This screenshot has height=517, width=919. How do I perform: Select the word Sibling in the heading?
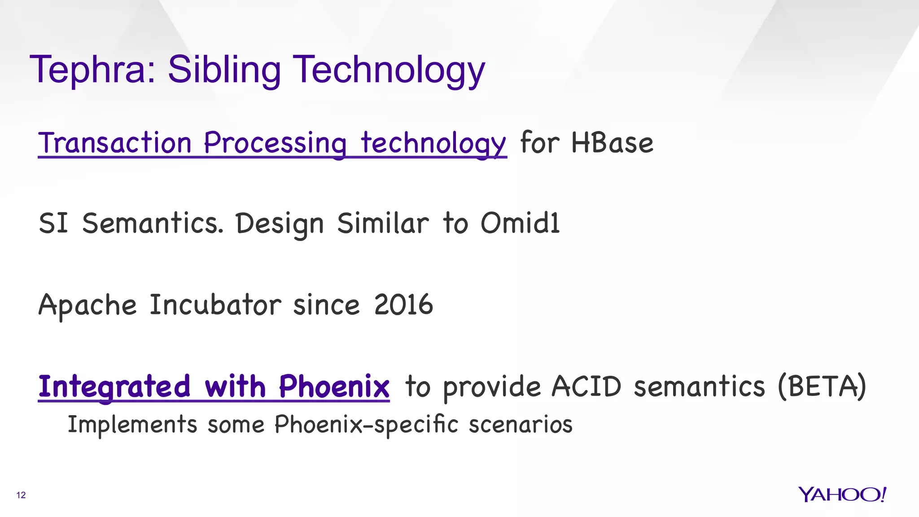224,70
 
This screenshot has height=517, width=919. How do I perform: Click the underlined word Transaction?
115,143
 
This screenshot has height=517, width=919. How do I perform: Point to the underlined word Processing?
275,143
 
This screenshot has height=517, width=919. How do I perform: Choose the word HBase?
612,143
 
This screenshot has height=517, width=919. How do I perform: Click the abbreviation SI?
53,223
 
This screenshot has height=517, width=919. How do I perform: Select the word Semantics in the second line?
153,223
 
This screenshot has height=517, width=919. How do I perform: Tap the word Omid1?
520,223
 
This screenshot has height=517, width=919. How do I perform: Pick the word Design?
280,224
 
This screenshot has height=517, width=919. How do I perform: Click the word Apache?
88,305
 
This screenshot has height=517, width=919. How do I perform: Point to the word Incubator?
215,305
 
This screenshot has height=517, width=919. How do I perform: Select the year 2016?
403,305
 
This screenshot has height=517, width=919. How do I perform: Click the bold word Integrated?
114,386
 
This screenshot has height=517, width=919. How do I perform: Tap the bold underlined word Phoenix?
334,386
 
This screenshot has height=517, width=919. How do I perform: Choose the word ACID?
586,386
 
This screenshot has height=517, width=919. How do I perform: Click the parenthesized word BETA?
822,386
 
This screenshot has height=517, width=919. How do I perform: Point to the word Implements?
132,424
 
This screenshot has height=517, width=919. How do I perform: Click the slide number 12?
21,495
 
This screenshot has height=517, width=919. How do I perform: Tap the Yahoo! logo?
842,495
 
